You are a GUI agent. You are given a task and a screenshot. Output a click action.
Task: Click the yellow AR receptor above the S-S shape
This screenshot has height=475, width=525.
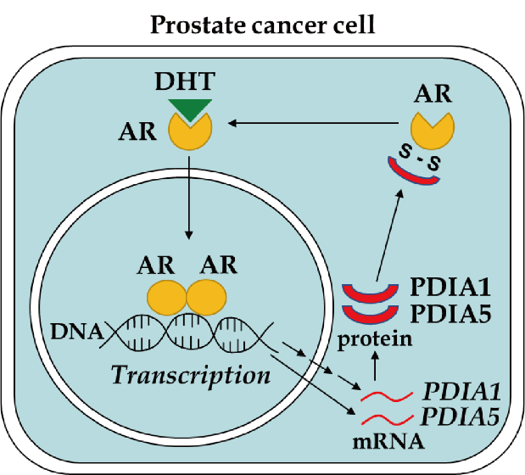(431, 128)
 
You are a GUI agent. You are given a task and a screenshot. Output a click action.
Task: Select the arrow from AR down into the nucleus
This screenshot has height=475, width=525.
(189, 194)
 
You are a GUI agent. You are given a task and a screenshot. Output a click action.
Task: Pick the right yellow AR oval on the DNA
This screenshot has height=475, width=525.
(206, 298)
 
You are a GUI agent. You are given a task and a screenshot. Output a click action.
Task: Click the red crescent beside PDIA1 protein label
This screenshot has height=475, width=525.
(369, 291)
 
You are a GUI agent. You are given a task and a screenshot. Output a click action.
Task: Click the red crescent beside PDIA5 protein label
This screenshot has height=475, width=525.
(369, 315)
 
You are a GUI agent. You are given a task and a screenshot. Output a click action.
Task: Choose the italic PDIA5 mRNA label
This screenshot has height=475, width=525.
(459, 416)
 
